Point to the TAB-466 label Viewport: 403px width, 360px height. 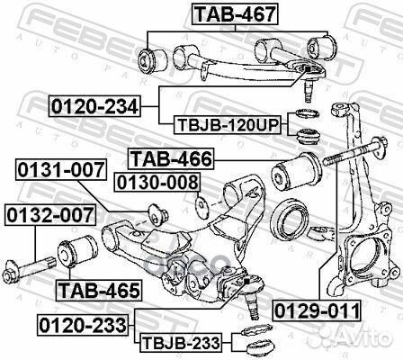click(171, 160)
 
